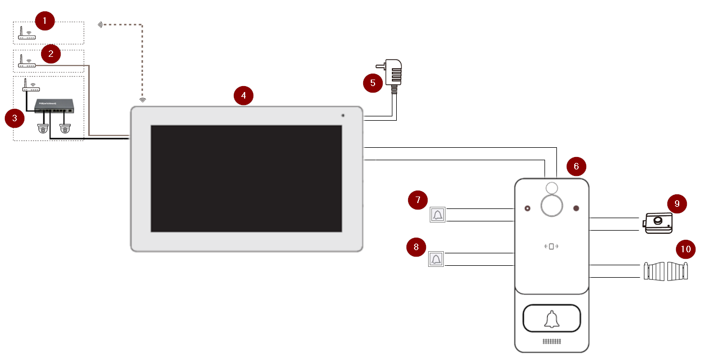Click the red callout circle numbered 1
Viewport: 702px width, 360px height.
tap(44, 22)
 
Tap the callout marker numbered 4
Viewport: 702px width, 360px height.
tap(244, 96)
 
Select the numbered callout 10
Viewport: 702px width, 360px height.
tap(686, 249)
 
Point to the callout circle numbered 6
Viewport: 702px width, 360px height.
tap(576, 166)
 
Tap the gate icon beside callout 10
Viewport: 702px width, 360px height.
tap(665, 271)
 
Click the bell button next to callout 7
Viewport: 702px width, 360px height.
tap(437, 215)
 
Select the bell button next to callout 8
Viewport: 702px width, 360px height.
tap(436, 259)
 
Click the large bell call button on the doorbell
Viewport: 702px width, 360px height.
tap(552, 319)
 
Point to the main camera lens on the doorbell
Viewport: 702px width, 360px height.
tap(551, 206)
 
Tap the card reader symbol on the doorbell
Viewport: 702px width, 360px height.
tap(551, 247)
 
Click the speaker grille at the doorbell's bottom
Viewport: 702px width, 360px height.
tap(551, 342)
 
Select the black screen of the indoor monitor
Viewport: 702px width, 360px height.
tap(246, 179)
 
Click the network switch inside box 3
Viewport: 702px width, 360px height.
tap(54, 107)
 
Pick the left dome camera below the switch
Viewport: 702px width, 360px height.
tap(43, 129)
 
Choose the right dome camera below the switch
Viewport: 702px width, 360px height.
tap(65, 129)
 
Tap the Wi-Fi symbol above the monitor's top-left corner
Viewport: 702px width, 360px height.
tap(143, 100)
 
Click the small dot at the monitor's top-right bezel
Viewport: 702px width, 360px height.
tap(343, 115)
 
